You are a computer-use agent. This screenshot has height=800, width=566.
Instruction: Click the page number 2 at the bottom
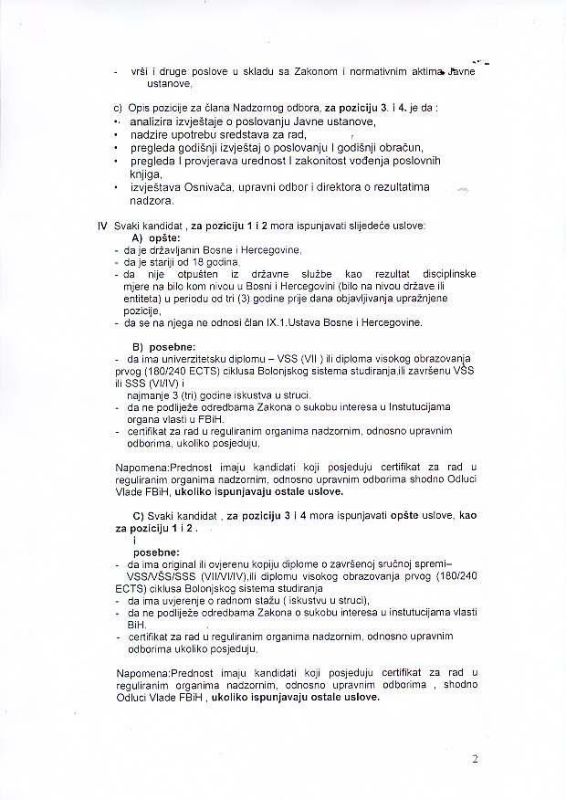pos(475,759)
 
